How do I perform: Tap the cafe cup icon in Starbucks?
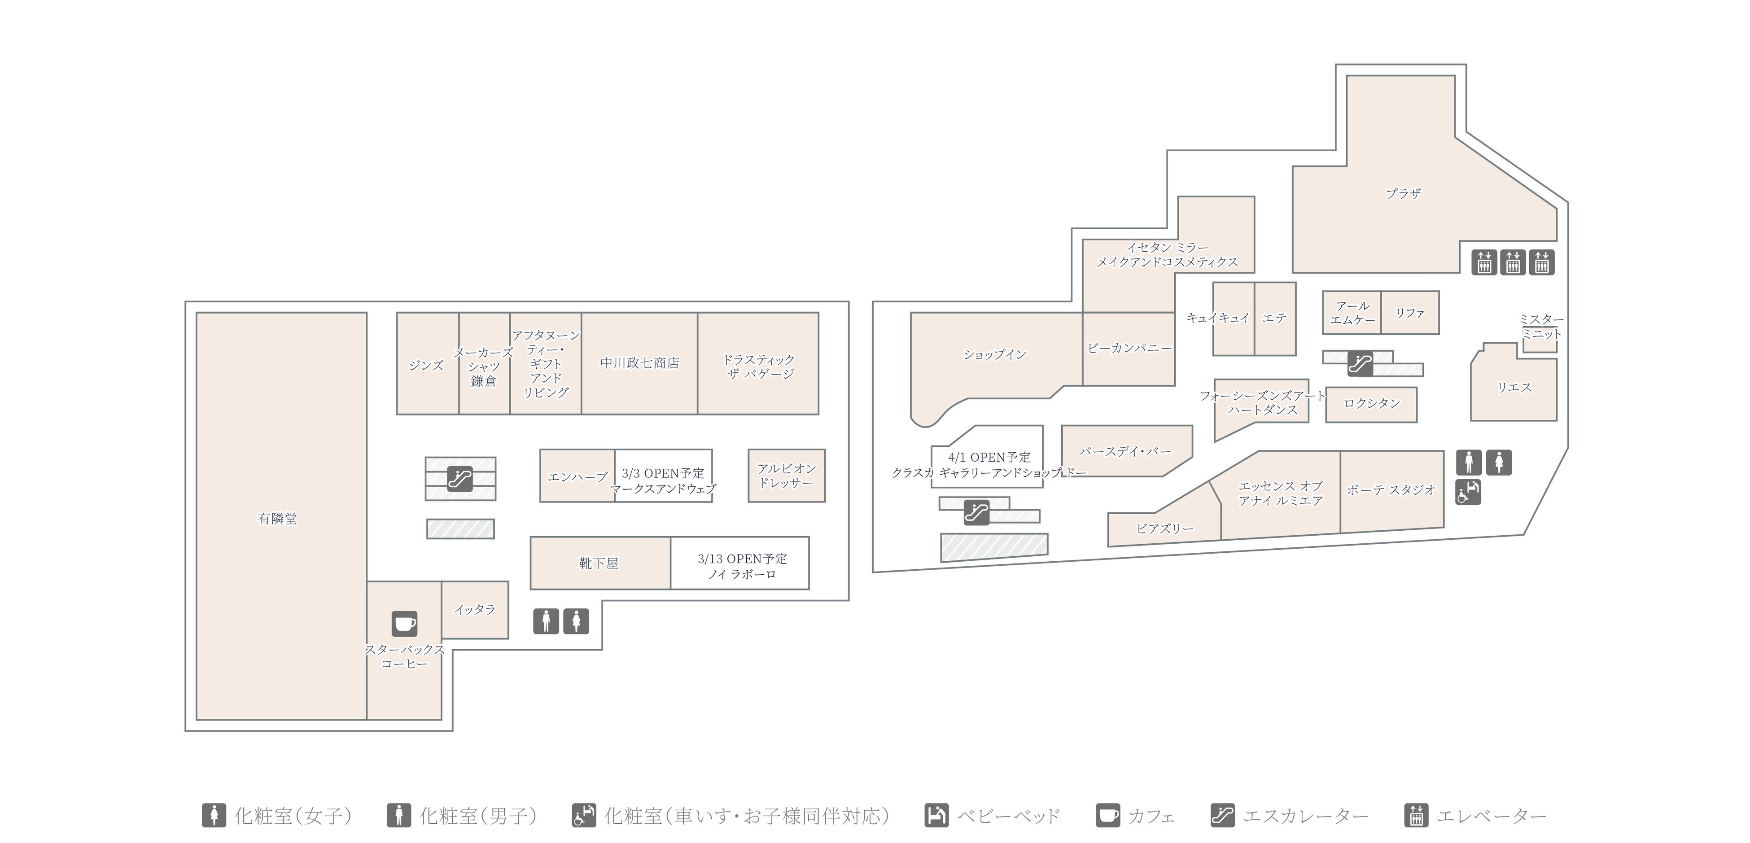pos(404,623)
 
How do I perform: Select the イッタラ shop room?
pos(475,609)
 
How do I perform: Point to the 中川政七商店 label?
pos(639,363)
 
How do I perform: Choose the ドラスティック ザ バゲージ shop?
pos(758,366)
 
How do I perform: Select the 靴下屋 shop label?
pos(599,563)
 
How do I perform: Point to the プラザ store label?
pos(1403,194)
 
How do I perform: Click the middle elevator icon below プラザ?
pos(1513,262)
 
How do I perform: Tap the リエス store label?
pos(1514,387)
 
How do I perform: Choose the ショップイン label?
pos(994,354)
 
